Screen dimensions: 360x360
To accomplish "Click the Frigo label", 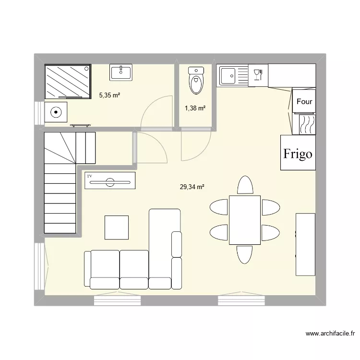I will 298,154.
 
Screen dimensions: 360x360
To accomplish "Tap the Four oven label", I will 304,101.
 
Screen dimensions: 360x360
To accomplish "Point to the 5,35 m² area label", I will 109,95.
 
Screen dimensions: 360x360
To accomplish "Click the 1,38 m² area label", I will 195,108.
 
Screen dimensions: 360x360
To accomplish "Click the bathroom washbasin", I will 121,72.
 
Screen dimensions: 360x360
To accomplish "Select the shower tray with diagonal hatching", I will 68,81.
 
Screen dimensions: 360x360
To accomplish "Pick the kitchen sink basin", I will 228,75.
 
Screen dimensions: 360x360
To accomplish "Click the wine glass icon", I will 257,74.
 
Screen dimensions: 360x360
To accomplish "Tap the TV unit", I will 110,181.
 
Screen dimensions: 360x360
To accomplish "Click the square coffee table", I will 116,228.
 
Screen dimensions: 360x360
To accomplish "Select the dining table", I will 245,220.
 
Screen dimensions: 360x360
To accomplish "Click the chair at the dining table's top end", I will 245,186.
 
